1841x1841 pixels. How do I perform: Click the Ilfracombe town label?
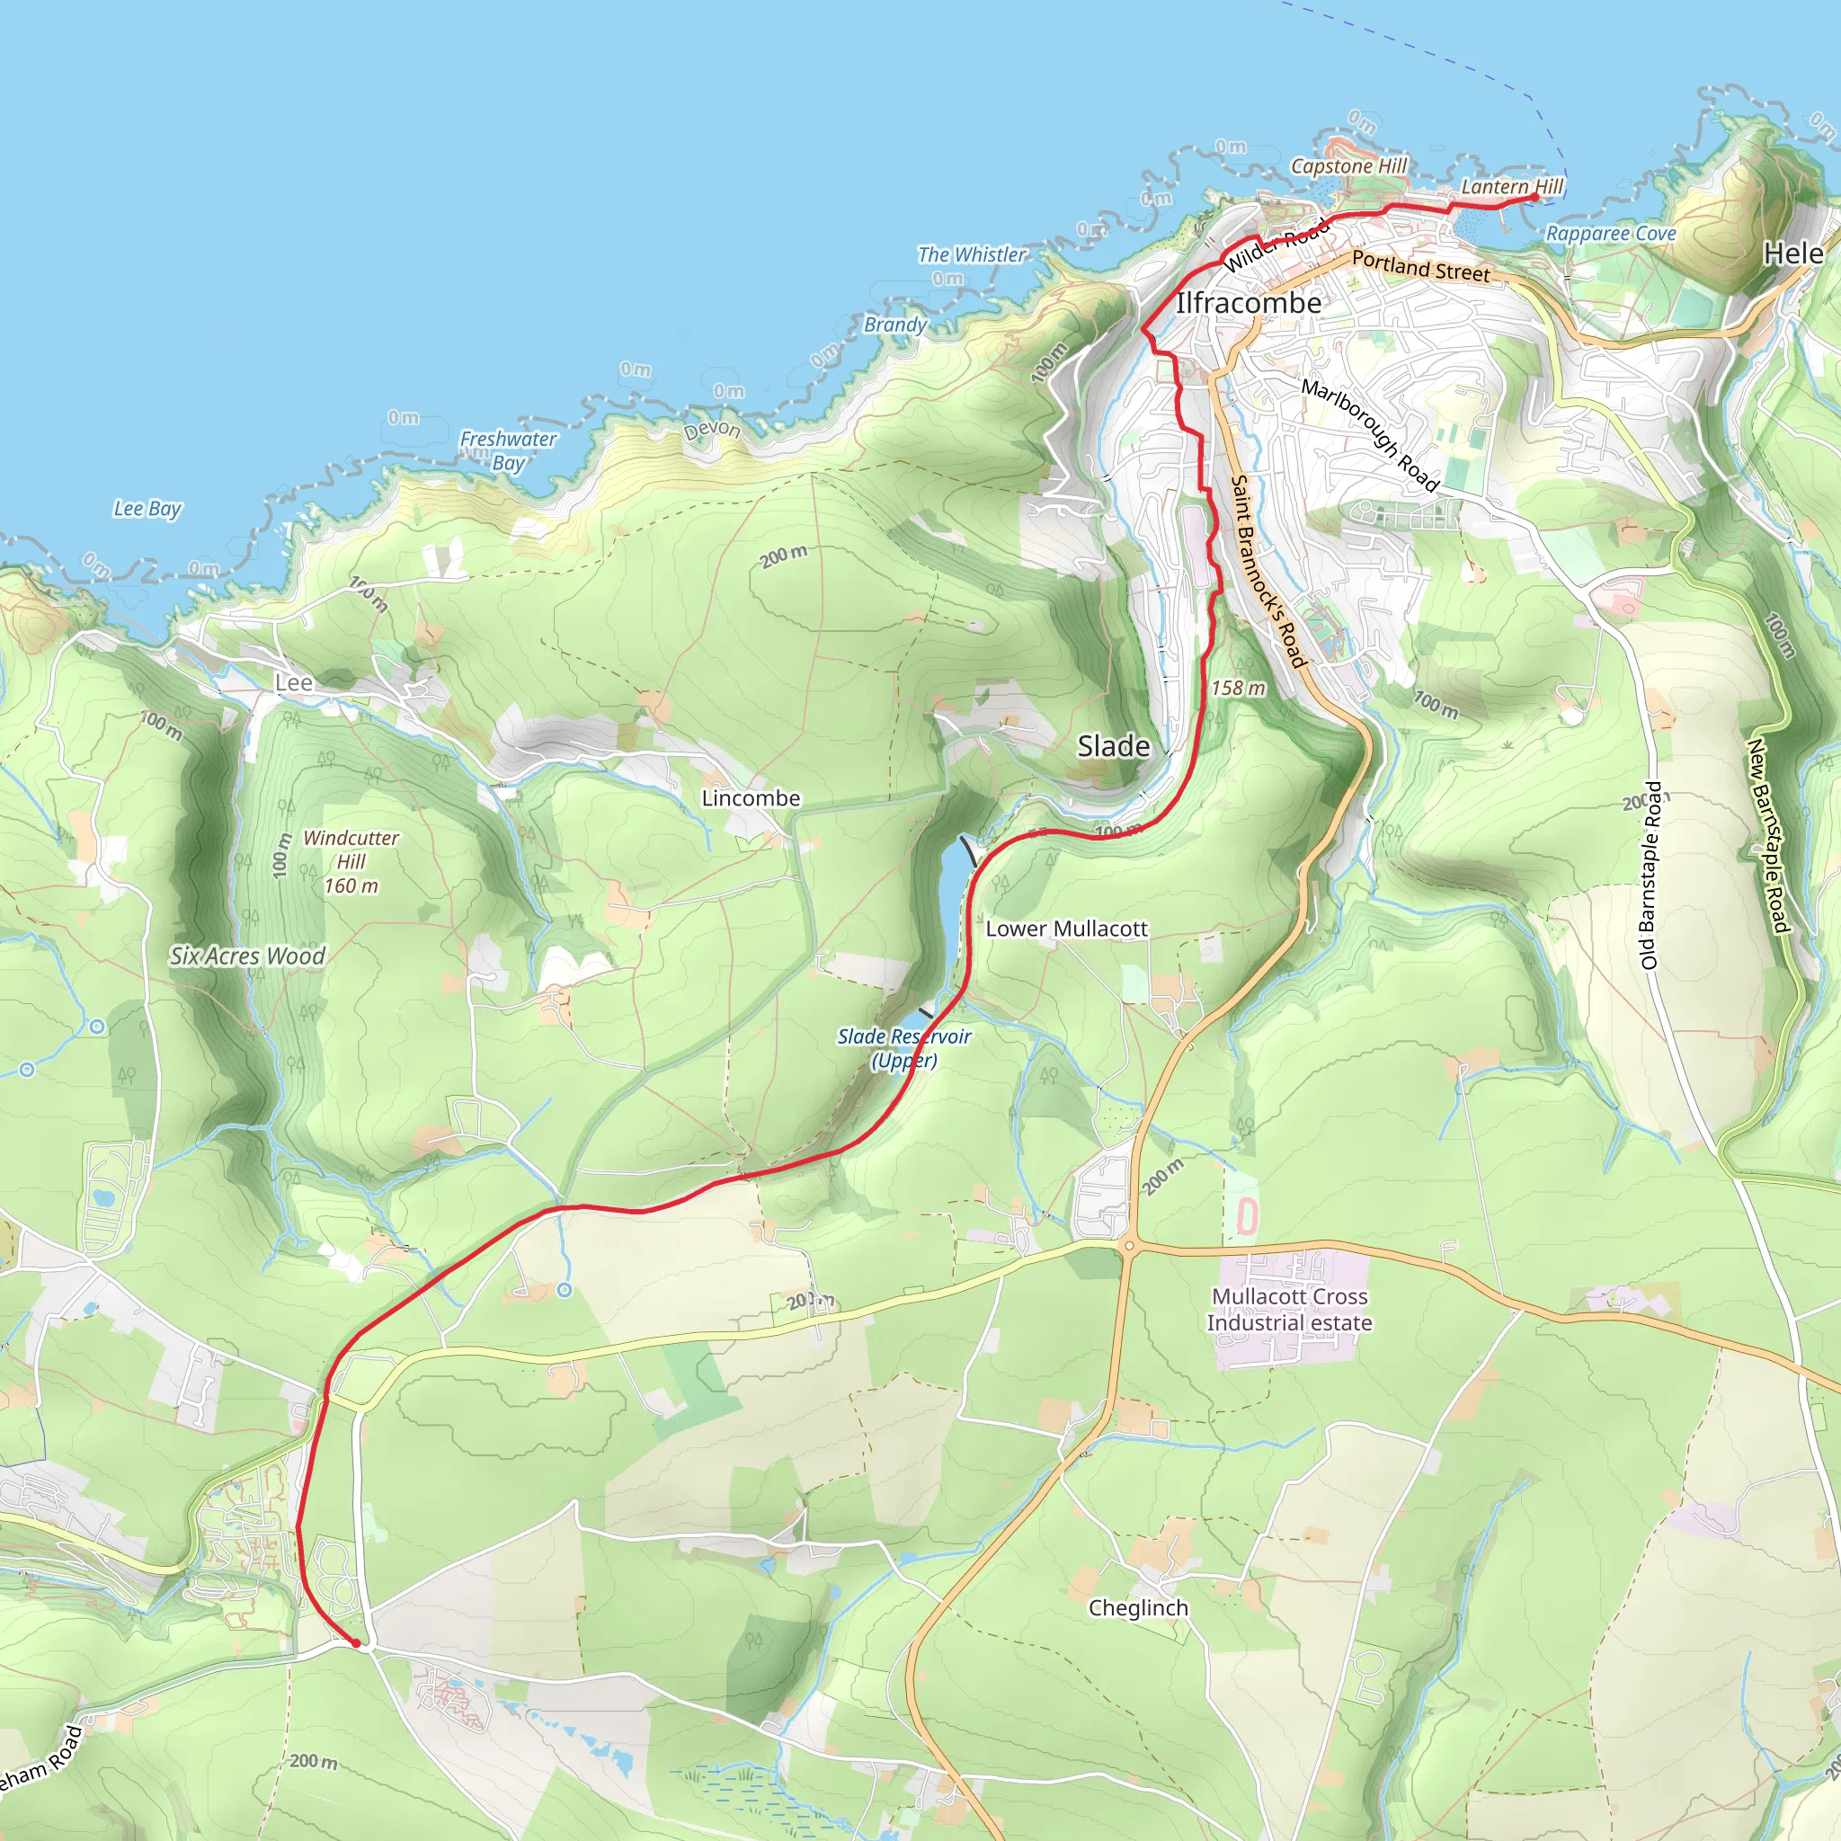point(1249,303)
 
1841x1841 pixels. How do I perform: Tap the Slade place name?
point(1113,746)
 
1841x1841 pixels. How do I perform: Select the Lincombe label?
point(751,798)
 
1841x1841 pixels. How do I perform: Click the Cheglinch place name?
point(1138,1608)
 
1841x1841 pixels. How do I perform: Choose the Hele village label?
point(1792,253)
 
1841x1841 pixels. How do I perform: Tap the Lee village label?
point(293,683)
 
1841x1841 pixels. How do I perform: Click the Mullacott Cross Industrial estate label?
point(1289,1309)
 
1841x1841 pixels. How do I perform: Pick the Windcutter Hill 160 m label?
point(351,861)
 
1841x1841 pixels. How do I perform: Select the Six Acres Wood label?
point(248,956)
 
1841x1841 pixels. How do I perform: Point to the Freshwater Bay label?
point(508,450)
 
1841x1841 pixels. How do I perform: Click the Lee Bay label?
point(147,509)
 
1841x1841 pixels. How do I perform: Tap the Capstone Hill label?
point(1348,165)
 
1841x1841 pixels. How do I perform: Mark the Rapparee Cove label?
point(1610,234)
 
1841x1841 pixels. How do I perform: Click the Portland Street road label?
point(1419,267)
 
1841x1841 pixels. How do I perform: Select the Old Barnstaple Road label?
point(1651,875)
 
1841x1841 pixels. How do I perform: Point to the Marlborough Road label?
point(1369,434)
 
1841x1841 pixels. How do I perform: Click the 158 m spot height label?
point(1238,688)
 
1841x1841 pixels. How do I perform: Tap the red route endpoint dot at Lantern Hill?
point(1535,197)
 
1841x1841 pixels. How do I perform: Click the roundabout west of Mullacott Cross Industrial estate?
point(1129,1245)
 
